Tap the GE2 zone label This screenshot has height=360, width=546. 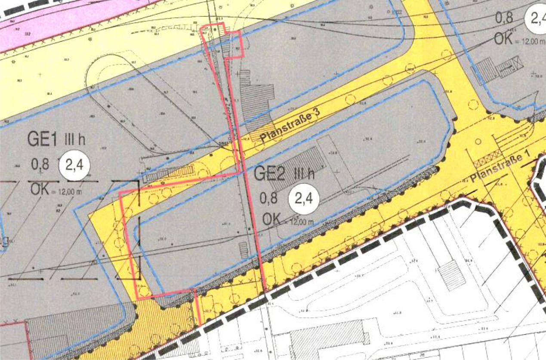[268, 174]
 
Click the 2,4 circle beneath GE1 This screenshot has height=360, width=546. [76, 166]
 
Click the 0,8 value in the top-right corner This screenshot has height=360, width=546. [504, 19]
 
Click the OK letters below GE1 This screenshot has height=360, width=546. [40, 189]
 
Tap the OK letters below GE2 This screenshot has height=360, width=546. [271, 219]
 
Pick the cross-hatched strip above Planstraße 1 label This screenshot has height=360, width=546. [489, 164]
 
